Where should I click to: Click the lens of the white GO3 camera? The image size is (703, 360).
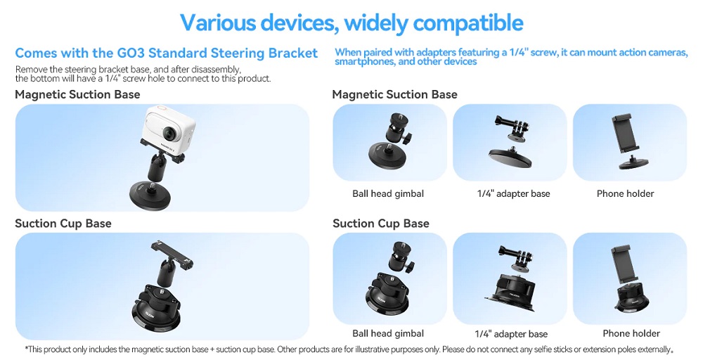(x=169, y=133)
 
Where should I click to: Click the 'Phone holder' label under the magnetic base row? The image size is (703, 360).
(x=625, y=193)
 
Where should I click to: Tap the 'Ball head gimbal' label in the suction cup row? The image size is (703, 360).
(x=388, y=333)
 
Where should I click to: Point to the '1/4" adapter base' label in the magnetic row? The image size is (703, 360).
(x=513, y=193)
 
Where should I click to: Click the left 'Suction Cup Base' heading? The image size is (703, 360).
(x=63, y=224)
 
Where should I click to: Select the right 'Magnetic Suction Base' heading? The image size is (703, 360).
(x=394, y=95)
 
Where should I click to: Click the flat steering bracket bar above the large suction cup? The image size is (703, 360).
(x=172, y=254)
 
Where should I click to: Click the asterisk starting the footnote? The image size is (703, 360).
(x=27, y=348)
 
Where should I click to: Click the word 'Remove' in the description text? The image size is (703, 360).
(x=30, y=70)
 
